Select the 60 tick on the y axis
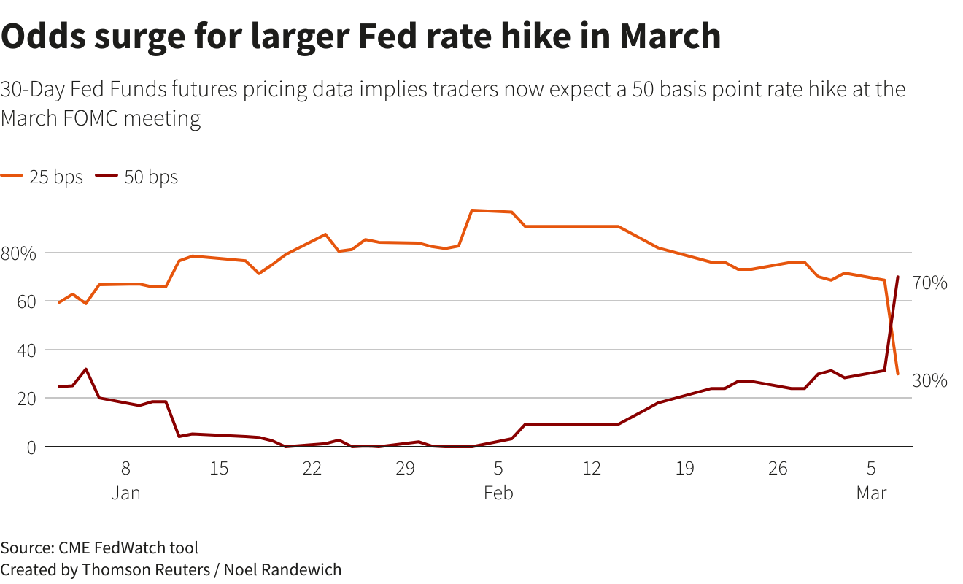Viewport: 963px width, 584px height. pyautogui.click(x=26, y=301)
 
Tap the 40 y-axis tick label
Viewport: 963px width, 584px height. pyautogui.click(x=26, y=350)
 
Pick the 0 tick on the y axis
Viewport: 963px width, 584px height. pyautogui.click(x=31, y=447)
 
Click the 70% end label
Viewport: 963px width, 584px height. pyautogui.click(x=930, y=283)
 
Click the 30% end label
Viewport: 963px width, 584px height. pyautogui.click(x=930, y=380)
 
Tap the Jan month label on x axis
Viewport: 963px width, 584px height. pyautogui.click(x=125, y=493)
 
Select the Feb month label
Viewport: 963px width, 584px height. pyautogui.click(x=498, y=493)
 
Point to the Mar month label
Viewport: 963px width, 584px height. pyautogui.click(x=871, y=493)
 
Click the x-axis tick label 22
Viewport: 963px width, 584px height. pyautogui.click(x=312, y=469)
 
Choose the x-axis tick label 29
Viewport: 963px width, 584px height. pyautogui.click(x=406, y=469)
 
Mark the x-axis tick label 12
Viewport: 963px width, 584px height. pyautogui.click(x=592, y=469)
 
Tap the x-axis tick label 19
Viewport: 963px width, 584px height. pyautogui.click(x=685, y=469)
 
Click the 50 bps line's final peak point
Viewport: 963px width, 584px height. pyautogui.click(x=897, y=277)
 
